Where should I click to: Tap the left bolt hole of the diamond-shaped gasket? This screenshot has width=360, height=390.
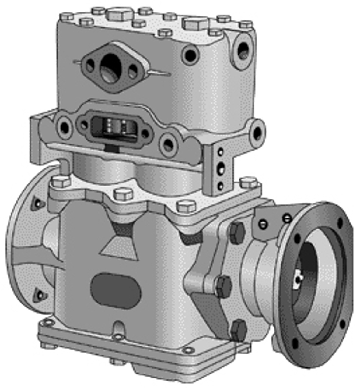(x=90, y=65)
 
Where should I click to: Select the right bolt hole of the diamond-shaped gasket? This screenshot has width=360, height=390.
(x=133, y=72)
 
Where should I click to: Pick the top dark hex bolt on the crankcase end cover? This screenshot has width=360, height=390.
(x=236, y=233)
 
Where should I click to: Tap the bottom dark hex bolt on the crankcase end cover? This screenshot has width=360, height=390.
(x=239, y=330)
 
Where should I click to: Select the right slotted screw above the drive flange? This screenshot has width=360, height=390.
(x=287, y=218)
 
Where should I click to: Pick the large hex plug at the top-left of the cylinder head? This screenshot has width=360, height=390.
(x=119, y=15)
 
